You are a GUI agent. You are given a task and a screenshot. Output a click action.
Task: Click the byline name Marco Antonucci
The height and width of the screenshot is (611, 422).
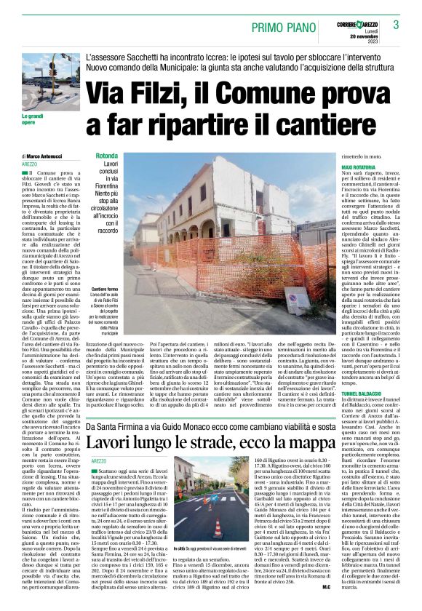49,157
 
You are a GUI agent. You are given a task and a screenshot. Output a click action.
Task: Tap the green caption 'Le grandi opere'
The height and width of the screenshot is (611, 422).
32,118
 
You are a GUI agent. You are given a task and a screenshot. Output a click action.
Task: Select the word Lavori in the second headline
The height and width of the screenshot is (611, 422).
113,421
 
